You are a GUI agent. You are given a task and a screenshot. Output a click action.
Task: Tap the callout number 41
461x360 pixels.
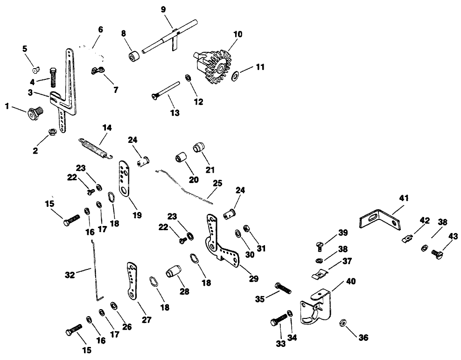point(403,198)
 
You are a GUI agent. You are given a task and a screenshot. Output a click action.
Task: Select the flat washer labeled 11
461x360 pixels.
point(234,74)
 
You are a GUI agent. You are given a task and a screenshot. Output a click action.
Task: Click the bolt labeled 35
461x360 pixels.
point(283,288)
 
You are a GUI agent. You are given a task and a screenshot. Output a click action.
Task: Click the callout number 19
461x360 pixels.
point(136,215)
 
